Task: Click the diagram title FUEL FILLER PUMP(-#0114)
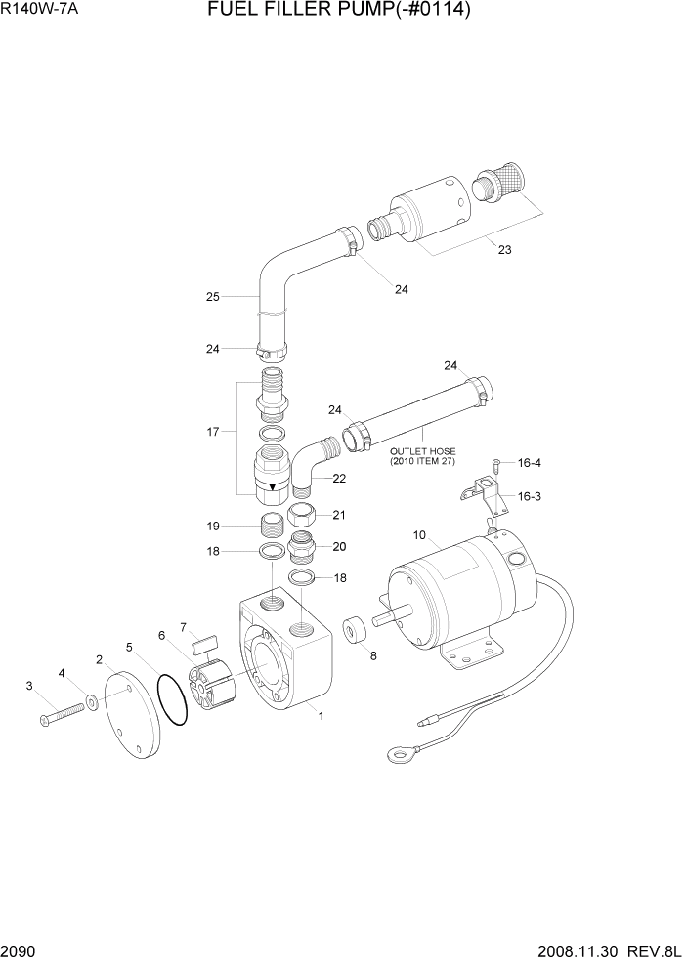tap(339, 13)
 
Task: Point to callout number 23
tap(504, 250)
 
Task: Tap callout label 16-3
tap(529, 496)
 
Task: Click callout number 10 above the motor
tap(419, 535)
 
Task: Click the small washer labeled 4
tap(91, 701)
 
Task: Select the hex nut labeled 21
tap(303, 517)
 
